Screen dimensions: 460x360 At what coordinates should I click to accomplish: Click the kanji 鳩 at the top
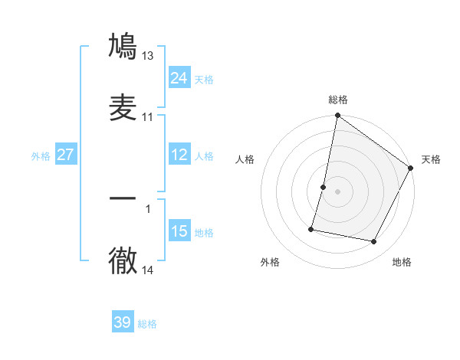(123, 47)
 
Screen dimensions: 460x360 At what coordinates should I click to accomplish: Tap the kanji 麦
(123, 108)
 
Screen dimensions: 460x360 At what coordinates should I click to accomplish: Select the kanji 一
(123, 198)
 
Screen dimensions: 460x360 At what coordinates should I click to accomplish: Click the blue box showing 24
(179, 78)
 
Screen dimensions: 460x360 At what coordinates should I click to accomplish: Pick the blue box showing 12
(179, 155)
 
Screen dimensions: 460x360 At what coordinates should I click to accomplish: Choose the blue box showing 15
(179, 231)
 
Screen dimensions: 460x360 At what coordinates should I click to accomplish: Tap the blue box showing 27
(66, 155)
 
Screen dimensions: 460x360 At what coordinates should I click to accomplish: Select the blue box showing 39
(123, 322)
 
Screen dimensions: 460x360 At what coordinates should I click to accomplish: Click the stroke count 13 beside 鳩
(148, 56)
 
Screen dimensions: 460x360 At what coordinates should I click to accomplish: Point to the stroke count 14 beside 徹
(148, 270)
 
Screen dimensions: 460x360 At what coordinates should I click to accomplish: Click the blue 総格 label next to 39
(148, 324)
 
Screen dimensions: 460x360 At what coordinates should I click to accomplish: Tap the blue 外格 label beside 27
(41, 156)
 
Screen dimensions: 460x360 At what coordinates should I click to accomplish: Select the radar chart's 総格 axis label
(338, 100)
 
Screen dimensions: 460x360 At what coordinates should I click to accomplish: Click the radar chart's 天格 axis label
(431, 159)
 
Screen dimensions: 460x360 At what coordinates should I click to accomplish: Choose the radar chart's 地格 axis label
(402, 263)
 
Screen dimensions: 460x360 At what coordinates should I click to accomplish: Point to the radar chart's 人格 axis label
(245, 159)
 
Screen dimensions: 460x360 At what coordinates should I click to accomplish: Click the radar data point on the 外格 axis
(312, 228)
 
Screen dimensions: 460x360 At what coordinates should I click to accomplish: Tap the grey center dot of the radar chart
(338, 191)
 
